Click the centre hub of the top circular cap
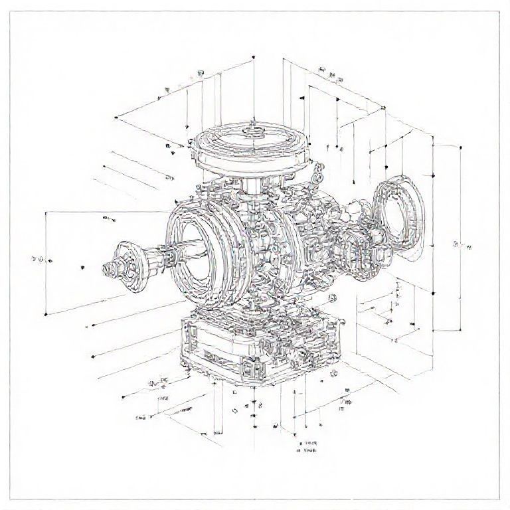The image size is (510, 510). pyautogui.click(x=252, y=131)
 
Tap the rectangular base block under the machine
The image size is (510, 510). pyautogui.click(x=259, y=349)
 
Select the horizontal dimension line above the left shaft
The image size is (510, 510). pyautogui.click(x=106, y=212)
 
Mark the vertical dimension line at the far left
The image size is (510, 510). pyautogui.click(x=45, y=262)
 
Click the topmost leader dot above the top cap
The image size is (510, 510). pyautogui.click(x=254, y=59)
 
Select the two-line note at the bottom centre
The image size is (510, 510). pyautogui.click(x=307, y=446)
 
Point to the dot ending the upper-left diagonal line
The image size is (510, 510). pyautogui.click(x=116, y=118)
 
